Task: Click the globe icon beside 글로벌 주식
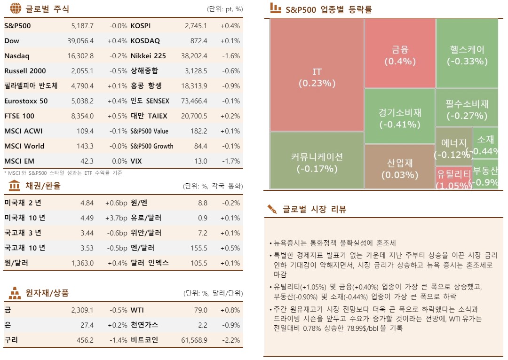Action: pos(15,8)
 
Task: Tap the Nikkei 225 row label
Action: pos(148,56)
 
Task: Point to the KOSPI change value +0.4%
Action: pos(230,26)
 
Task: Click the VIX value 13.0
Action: pos(200,161)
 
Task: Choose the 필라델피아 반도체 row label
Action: pos(31,86)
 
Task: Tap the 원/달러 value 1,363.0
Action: pos(82,263)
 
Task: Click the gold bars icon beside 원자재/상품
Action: pos(15,293)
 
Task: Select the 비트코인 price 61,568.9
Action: pos(194,340)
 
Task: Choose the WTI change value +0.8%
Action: pos(230,310)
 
